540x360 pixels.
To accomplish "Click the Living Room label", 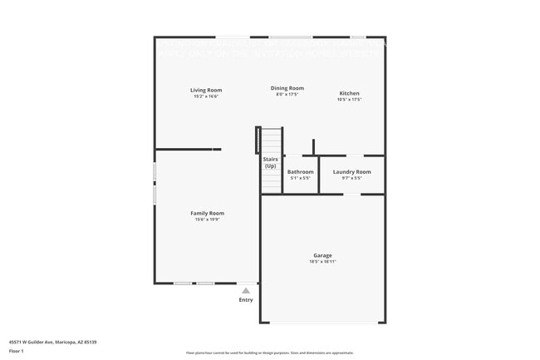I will pos(206,90).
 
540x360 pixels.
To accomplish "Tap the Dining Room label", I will pos(287,88).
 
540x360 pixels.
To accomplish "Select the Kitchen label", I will pos(349,92).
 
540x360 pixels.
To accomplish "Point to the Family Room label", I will pos(208,213).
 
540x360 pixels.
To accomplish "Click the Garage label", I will pos(322,255).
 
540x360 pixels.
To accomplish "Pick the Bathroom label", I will pos(301,171).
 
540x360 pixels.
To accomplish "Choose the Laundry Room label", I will pos(352,171).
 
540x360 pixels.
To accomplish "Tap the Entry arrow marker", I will pos(246,291).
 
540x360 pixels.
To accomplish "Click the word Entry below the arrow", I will pos(246,300).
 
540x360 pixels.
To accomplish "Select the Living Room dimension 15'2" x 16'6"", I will pos(206,96).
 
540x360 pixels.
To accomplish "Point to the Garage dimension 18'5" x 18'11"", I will pos(322,262).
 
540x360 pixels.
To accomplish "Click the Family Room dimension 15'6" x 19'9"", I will pos(208,219).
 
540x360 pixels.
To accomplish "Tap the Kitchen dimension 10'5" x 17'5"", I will pos(349,99).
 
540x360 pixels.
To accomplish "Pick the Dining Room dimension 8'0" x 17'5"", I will pos(287,95).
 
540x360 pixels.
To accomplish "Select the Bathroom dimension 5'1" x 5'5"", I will pos(301,178).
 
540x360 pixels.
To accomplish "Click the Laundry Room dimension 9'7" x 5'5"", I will pos(352,178).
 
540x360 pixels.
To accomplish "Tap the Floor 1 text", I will pos(17,351).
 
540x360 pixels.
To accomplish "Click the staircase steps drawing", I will pos(271,140).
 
